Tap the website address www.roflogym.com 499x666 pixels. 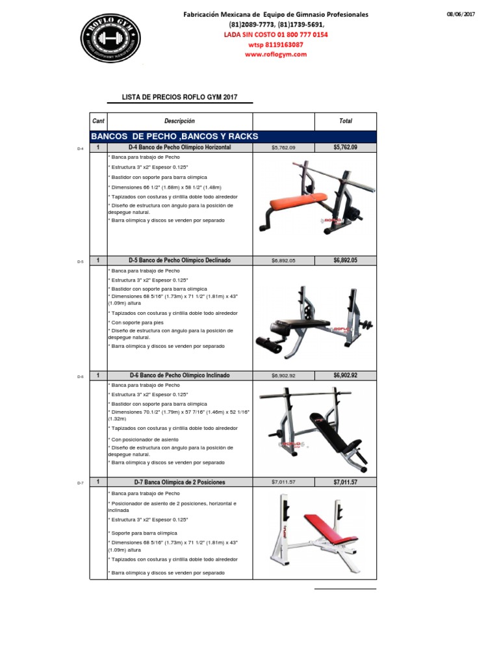coord(275,55)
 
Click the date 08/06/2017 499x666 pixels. coord(461,14)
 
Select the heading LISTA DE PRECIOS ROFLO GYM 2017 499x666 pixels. coord(180,97)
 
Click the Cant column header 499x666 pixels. coord(98,121)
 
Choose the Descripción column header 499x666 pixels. coord(179,121)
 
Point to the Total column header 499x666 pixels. coord(345,121)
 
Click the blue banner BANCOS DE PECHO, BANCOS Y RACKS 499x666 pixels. coord(175,136)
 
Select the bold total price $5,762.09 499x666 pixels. coord(345,148)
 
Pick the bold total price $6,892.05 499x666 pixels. coord(345,260)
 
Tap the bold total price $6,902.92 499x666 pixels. coord(345,375)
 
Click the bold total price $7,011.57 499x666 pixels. coord(345,482)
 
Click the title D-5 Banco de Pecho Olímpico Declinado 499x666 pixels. coord(179,260)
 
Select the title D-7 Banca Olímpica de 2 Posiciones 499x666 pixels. coord(179,482)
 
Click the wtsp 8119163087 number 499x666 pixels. coord(275,45)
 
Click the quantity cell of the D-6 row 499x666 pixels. coord(98,375)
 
